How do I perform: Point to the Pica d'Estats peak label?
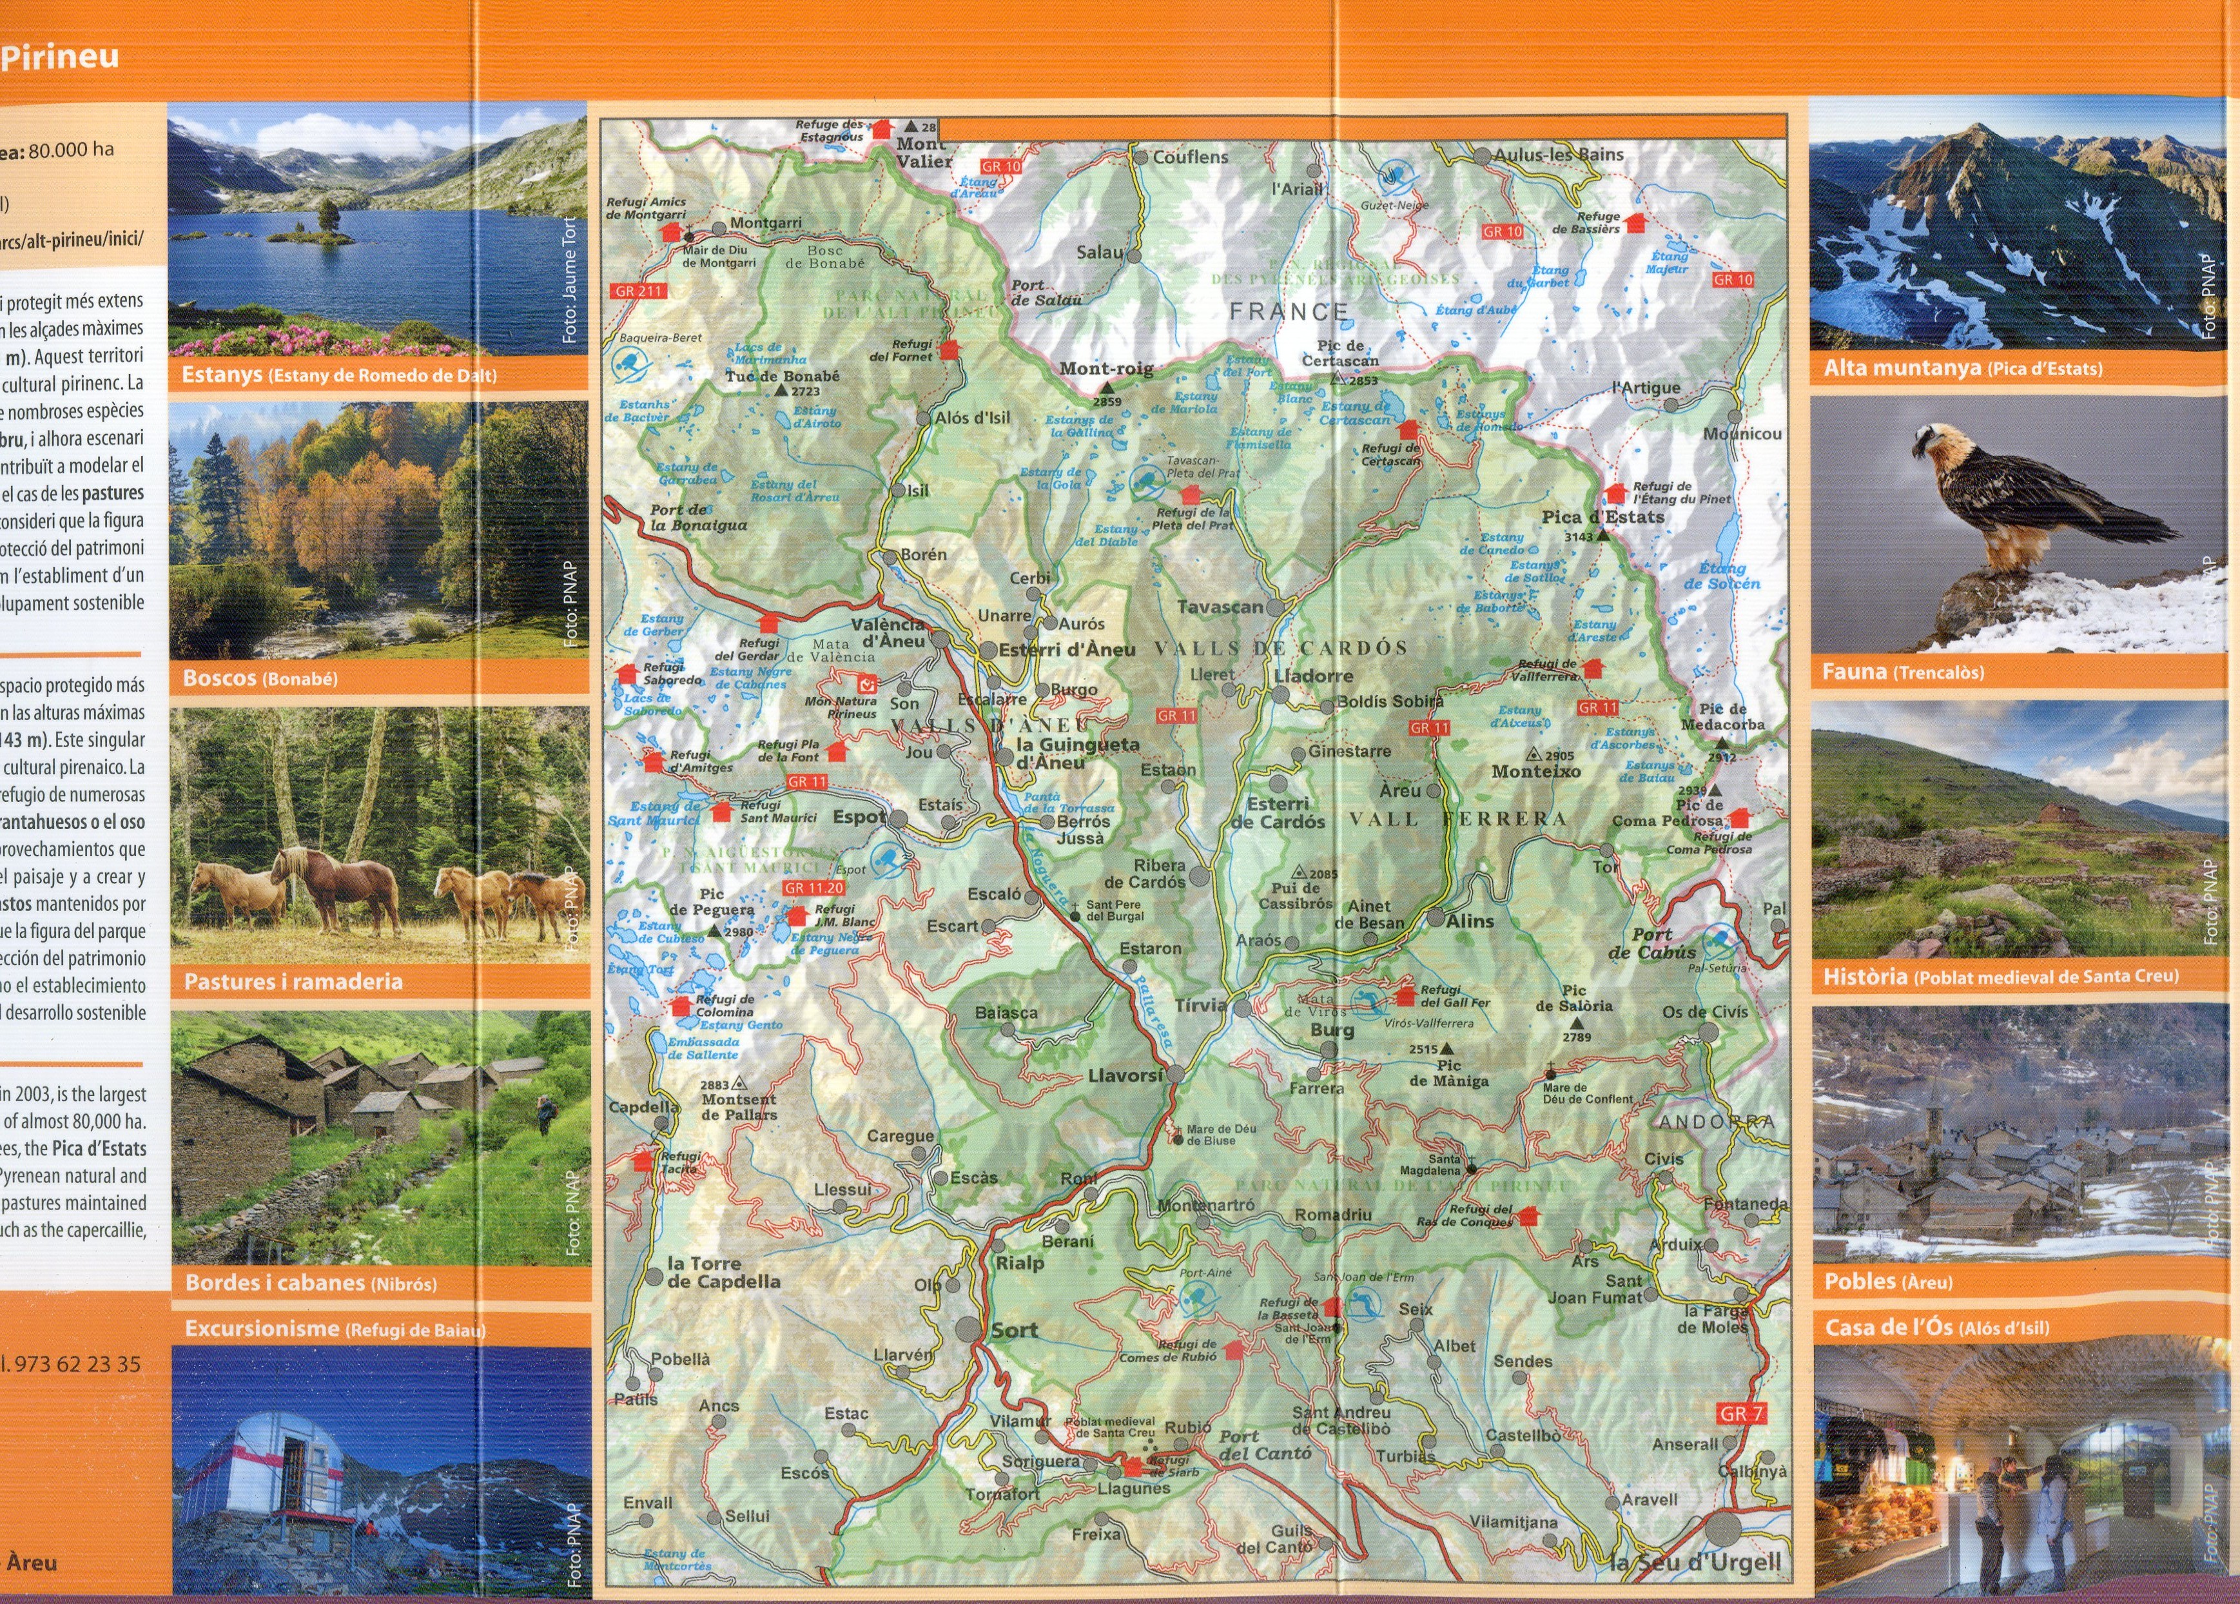click(1603, 516)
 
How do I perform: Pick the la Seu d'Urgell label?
click(1695, 1563)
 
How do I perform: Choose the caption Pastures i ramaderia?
click(293, 982)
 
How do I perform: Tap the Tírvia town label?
click(1200, 1006)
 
